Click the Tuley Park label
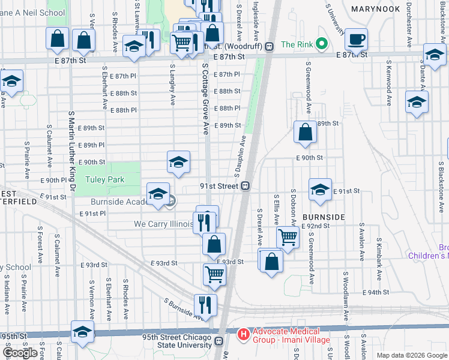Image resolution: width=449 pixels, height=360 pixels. pyautogui.click(x=104, y=179)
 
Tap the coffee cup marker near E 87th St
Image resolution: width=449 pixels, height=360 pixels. pyautogui.click(x=357, y=39)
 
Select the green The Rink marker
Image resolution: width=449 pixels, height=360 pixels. pyautogui.click(x=321, y=44)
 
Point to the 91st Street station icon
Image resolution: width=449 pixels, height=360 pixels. pyautogui.click(x=246, y=187)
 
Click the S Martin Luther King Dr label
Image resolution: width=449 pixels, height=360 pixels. pyautogui.click(x=71, y=150)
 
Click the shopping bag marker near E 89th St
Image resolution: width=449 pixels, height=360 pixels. pyautogui.click(x=306, y=132)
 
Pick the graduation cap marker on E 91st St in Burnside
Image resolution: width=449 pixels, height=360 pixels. pyautogui.click(x=321, y=190)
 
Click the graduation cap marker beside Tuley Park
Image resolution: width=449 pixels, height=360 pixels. pyautogui.click(x=178, y=162)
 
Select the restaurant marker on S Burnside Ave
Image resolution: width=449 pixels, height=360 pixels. pyautogui.click(x=205, y=305)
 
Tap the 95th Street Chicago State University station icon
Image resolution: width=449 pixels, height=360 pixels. pyautogui.click(x=218, y=341)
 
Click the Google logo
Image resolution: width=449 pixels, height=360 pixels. pyautogui.click(x=19, y=353)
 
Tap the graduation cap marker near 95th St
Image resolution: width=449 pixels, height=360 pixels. pyautogui.click(x=83, y=332)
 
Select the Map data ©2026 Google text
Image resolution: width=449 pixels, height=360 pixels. pyautogui.click(x=411, y=355)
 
